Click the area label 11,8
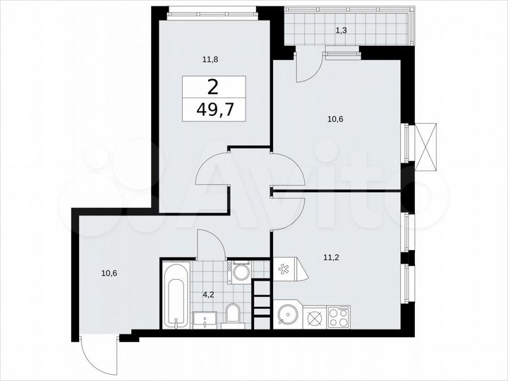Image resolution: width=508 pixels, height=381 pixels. coord(210,60)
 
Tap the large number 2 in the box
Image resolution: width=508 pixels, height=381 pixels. coord(212,88)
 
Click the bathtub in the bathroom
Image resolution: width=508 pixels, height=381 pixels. coord(176,295)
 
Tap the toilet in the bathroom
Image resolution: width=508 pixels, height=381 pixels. coord(232,315)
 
